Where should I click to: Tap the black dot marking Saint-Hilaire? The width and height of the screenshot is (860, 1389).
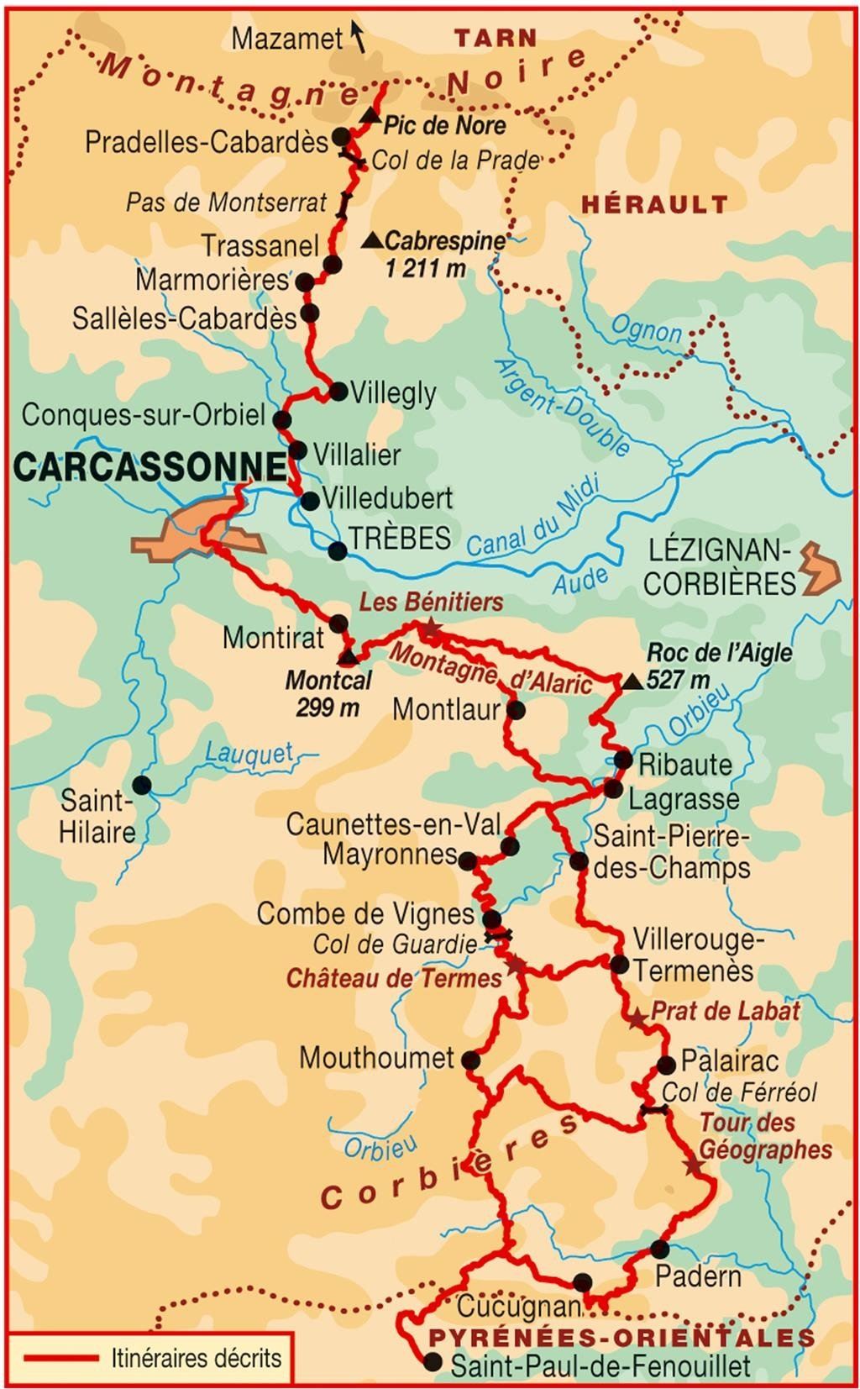click(142, 785)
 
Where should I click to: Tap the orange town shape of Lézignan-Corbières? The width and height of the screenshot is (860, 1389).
click(818, 569)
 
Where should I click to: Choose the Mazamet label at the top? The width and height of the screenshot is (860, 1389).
click(287, 38)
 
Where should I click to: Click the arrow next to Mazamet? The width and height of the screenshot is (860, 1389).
click(358, 37)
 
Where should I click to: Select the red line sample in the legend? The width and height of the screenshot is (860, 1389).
click(60, 1358)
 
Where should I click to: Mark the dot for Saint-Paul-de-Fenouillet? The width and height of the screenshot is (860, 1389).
click(433, 1363)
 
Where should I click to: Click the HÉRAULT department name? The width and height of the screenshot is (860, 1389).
click(654, 203)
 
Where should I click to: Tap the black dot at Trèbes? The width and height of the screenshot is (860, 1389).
click(337, 551)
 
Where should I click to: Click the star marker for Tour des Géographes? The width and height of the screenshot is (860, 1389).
click(693, 1166)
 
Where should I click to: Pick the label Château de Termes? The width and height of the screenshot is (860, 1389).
click(394, 978)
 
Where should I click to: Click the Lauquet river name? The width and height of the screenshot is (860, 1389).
click(249, 754)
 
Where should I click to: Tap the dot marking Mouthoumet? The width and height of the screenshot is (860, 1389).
click(471, 1060)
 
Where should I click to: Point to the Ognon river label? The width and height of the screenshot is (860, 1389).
click(647, 329)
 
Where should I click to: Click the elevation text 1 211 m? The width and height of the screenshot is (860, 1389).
click(426, 269)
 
